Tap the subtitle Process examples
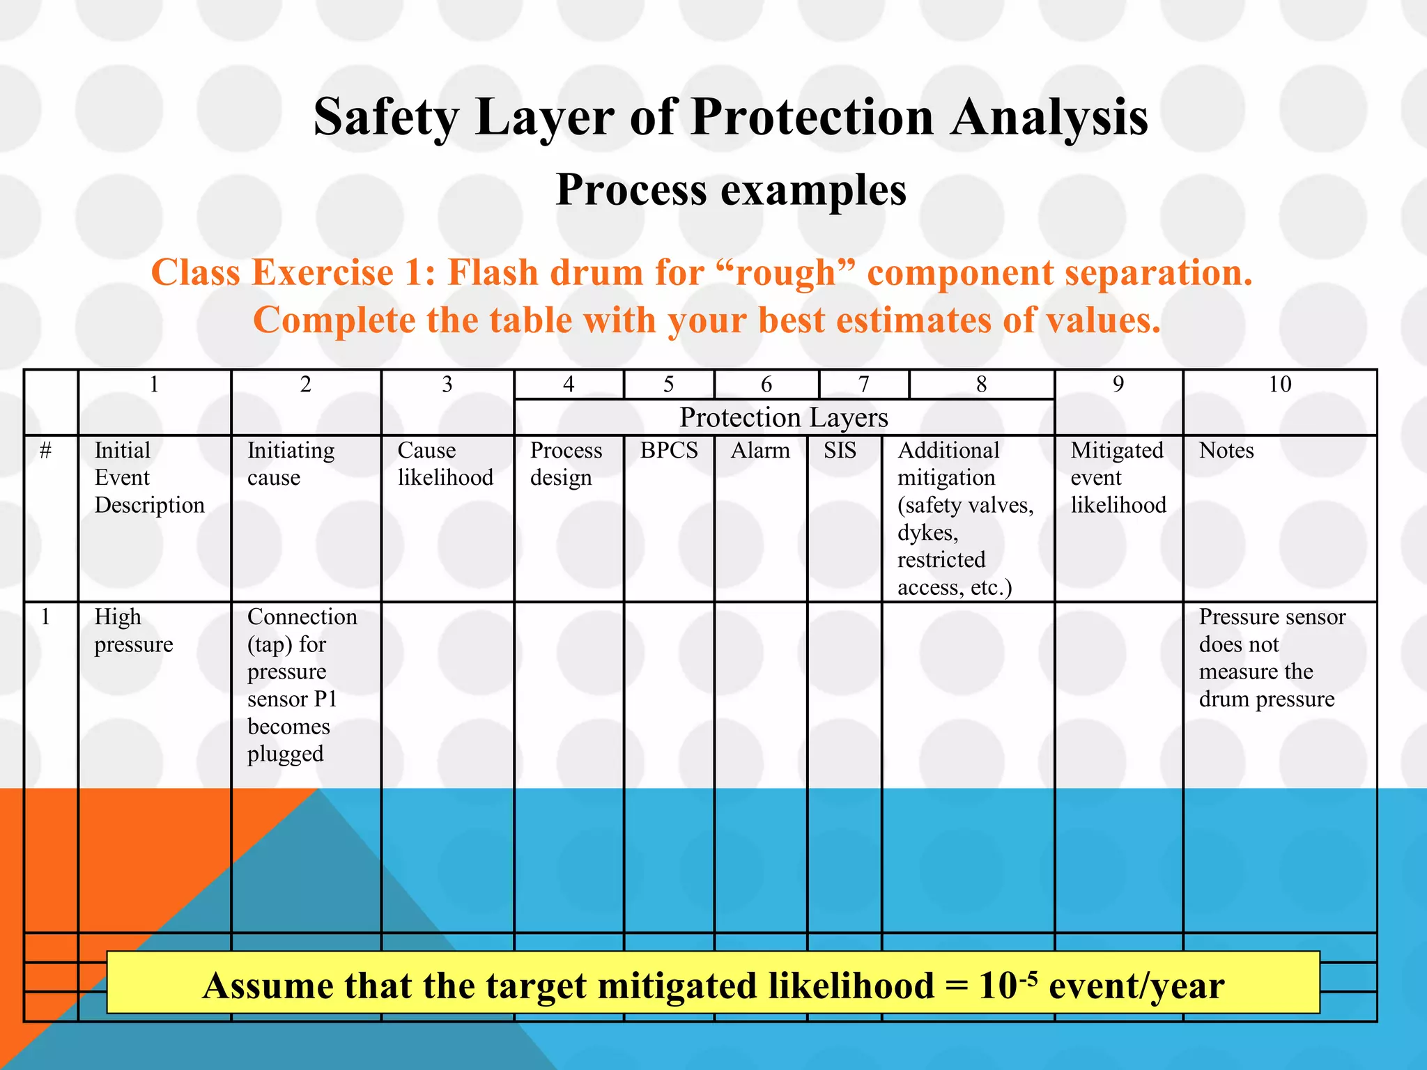(x=731, y=189)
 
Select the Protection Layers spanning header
(x=783, y=418)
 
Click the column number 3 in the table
(x=447, y=385)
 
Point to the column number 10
(x=1279, y=385)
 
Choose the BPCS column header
(x=669, y=451)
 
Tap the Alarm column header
(x=760, y=451)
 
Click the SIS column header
(x=840, y=451)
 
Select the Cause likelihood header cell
(x=445, y=464)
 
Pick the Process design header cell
(x=566, y=464)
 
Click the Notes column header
(x=1226, y=451)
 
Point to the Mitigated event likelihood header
(x=1118, y=478)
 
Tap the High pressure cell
(x=133, y=630)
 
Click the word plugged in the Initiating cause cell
(x=285, y=754)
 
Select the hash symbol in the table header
(x=46, y=451)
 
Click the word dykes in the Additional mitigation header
(x=927, y=533)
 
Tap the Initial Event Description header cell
(x=149, y=478)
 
